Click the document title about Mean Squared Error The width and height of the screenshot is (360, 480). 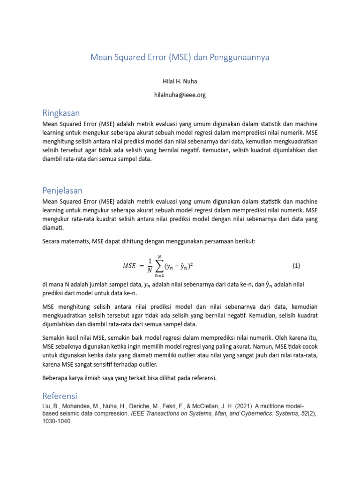click(180, 58)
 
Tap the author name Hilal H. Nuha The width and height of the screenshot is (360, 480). click(180, 82)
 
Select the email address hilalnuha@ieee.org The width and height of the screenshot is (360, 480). click(180, 95)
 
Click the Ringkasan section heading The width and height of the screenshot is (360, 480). click(61, 113)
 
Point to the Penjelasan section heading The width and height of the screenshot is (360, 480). click(62, 190)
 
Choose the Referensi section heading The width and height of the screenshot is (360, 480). click(60, 396)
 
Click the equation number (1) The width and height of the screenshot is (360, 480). click(296, 266)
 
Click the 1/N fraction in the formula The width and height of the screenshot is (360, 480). click(150, 266)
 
